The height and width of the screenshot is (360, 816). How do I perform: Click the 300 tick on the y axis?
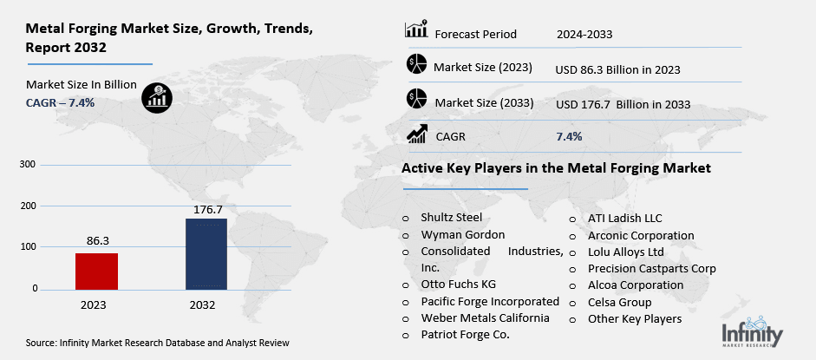[28, 165]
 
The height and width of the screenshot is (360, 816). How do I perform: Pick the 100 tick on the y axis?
[28, 247]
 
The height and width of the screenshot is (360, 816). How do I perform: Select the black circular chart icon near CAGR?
[157, 96]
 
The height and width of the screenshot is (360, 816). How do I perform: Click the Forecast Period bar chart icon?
[416, 31]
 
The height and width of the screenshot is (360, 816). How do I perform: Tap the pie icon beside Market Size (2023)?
[416, 65]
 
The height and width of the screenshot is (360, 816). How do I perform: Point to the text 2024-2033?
[584, 35]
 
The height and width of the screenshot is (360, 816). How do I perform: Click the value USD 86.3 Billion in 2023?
[617, 69]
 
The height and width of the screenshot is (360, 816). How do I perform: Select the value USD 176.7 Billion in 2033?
[622, 104]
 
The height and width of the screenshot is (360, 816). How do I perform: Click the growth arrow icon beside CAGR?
[416, 134]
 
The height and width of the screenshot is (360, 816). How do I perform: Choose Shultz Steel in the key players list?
[451, 218]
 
